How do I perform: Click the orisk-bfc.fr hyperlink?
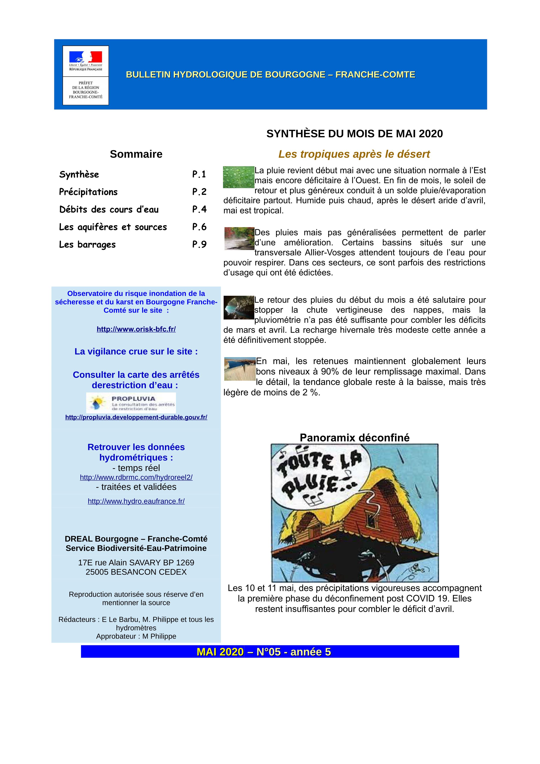(x=136, y=329)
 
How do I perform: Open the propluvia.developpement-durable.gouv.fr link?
(x=136, y=417)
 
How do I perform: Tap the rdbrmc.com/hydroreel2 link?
(x=136, y=477)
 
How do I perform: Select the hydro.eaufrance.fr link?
(x=136, y=501)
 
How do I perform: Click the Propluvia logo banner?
(x=131, y=403)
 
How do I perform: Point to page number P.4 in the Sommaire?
(x=199, y=209)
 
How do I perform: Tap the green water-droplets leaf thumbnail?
(x=238, y=177)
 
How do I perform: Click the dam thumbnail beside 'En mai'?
(x=240, y=369)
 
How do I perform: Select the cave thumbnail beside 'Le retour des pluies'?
(x=239, y=308)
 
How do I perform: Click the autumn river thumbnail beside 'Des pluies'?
(x=239, y=238)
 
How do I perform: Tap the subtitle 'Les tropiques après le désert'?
(x=354, y=154)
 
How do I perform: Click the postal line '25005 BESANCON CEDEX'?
(x=136, y=572)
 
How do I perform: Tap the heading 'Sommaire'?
(x=136, y=154)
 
